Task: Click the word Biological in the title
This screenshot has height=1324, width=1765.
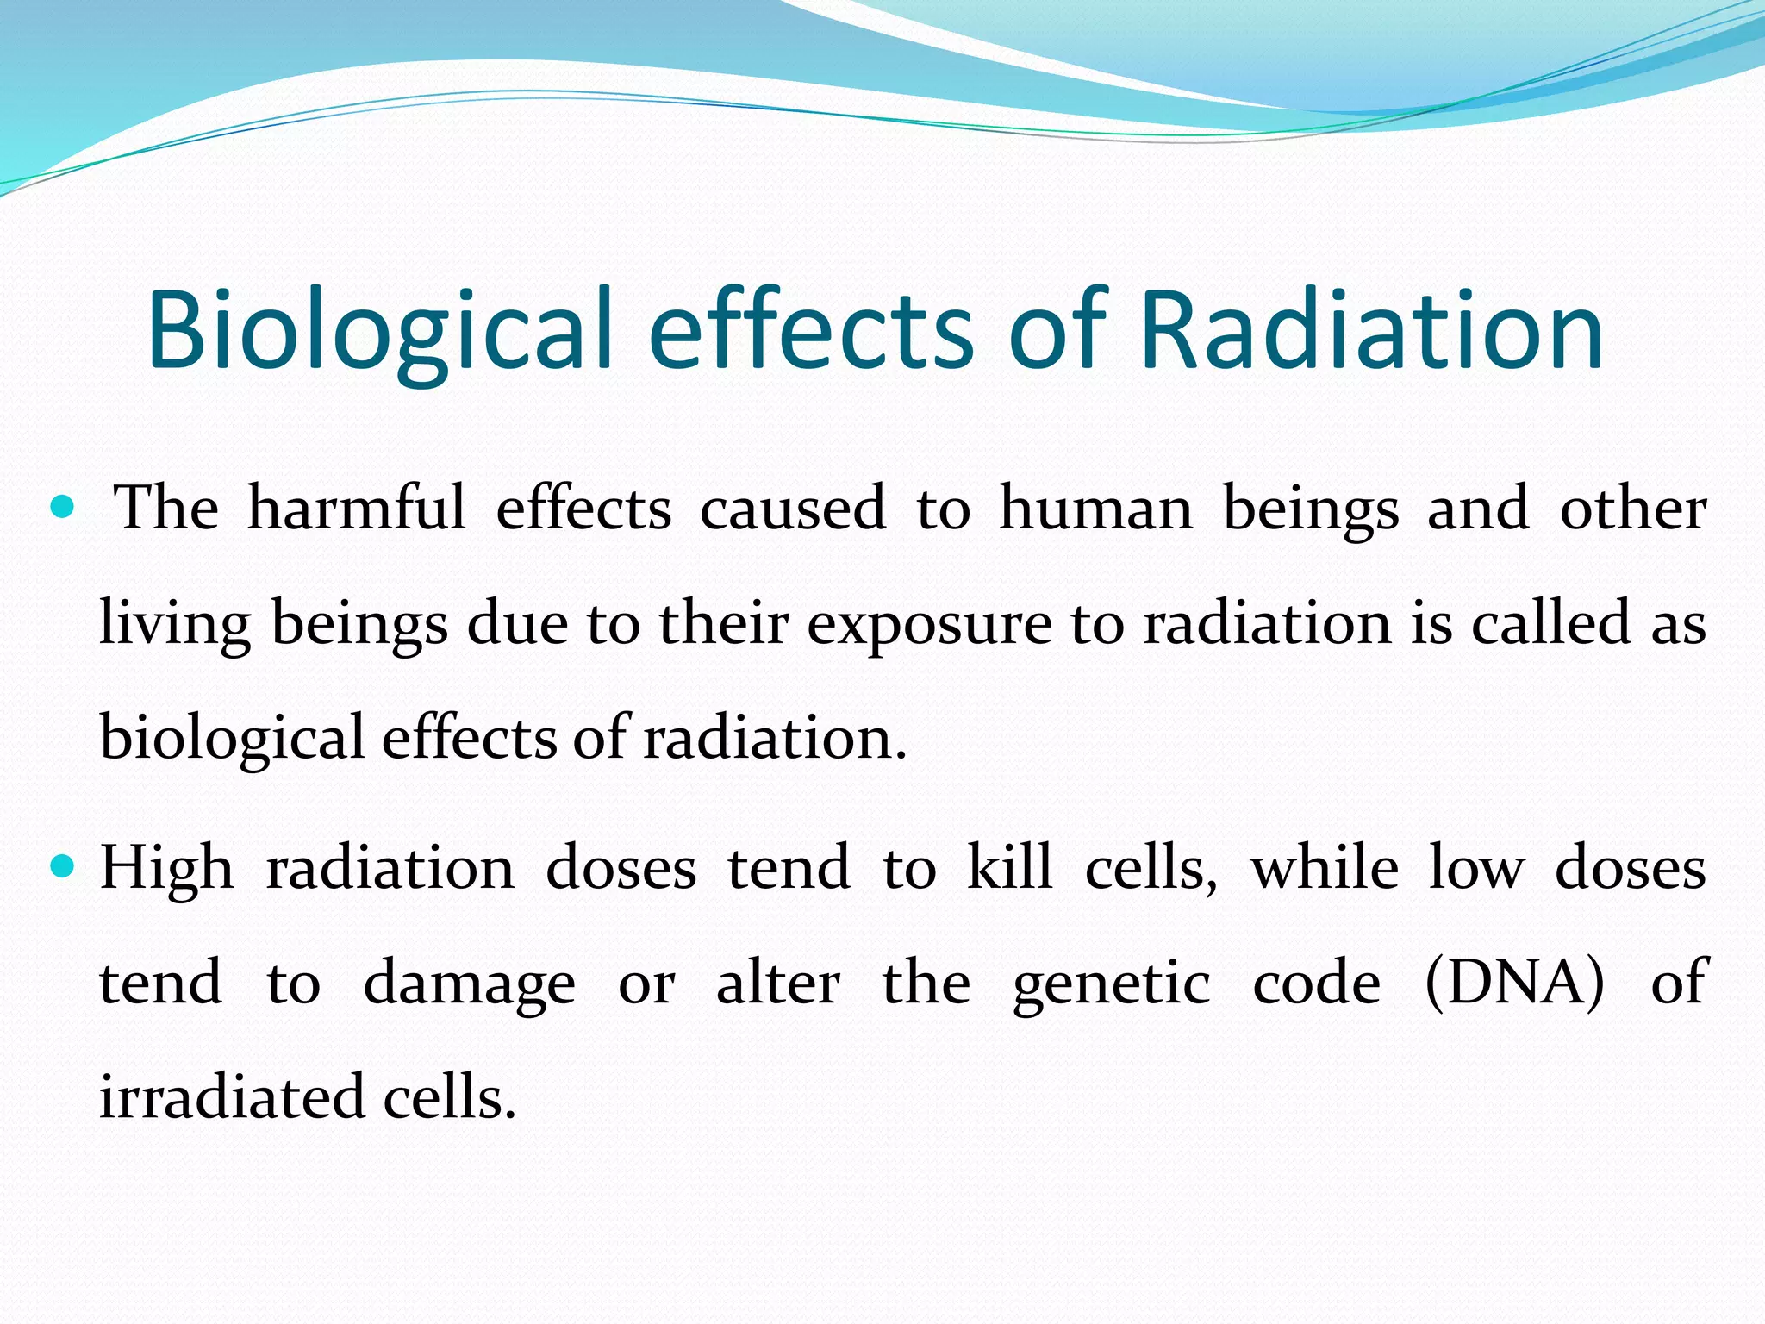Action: [x=379, y=331]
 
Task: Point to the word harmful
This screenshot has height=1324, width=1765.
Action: [x=356, y=509]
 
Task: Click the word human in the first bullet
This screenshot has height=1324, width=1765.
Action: [x=1095, y=509]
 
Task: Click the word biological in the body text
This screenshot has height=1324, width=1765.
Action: [x=232, y=740]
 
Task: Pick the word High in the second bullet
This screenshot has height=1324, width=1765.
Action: [x=166, y=869]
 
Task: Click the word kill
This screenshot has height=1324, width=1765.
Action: [x=1009, y=867]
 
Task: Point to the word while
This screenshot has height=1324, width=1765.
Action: [x=1324, y=867]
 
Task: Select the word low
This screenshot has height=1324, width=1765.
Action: [x=1476, y=867]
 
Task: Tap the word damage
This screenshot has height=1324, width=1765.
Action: [x=469, y=984]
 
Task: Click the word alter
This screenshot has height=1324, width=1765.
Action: [x=777, y=983]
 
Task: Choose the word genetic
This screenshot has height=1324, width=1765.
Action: [x=1111, y=984]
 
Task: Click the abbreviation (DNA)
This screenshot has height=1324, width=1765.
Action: [x=1514, y=983]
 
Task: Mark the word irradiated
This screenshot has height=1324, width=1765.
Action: [x=232, y=1097]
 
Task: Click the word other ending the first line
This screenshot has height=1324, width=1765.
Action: [x=1632, y=509]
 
